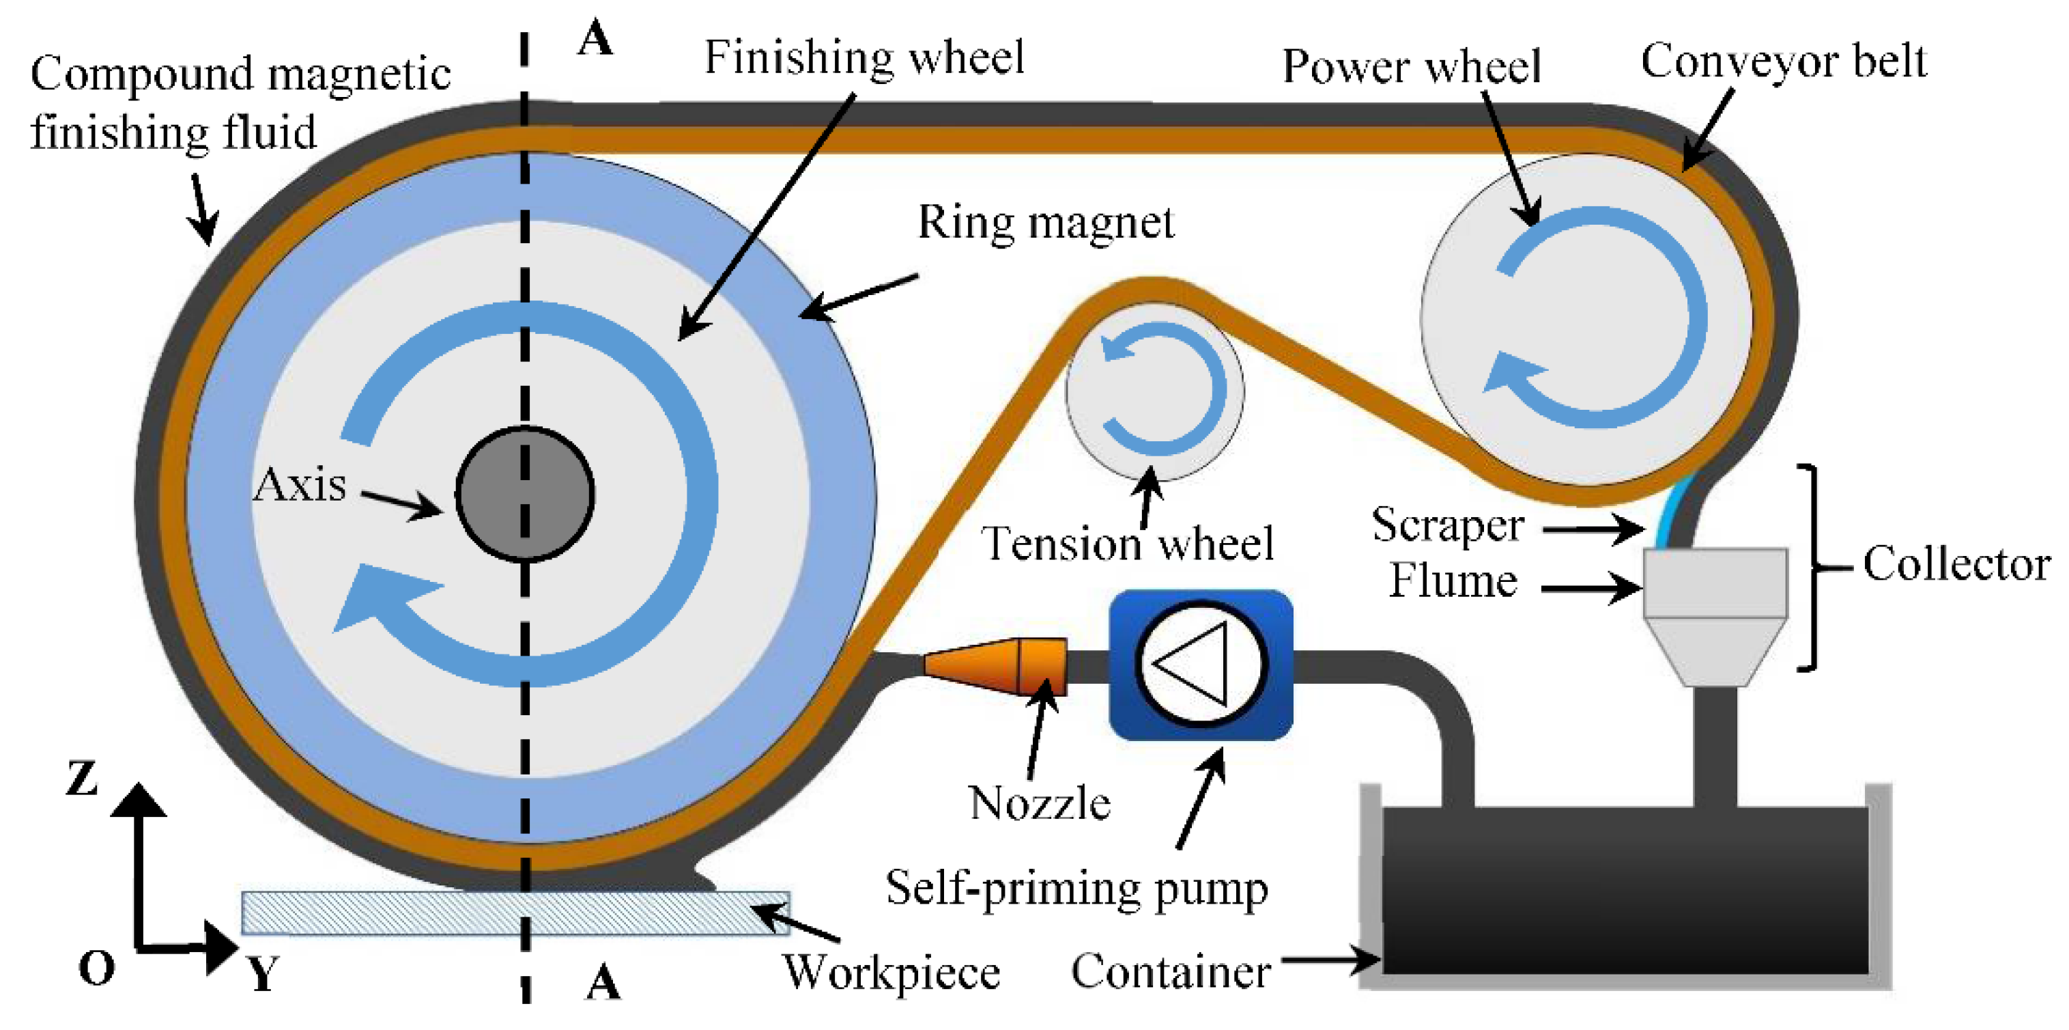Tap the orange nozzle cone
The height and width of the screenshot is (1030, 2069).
coord(996,666)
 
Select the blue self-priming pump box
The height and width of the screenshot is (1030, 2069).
coord(1201,665)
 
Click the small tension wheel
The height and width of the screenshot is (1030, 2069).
coord(1155,391)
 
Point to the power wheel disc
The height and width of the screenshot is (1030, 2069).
coord(1586,319)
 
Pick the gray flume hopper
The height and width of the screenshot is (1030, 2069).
coord(1715,617)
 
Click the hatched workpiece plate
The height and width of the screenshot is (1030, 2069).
coord(515,913)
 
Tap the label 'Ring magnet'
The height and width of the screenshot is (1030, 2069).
coord(1046,223)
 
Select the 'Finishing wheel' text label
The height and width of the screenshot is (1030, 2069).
coord(864,58)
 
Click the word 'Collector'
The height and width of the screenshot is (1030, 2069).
coord(1956,564)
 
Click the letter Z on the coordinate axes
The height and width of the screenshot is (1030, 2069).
coord(82,779)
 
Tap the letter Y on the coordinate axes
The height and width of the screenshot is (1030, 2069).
coord(263,974)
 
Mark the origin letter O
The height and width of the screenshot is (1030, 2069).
coord(96,967)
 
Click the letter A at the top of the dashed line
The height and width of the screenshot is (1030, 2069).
coord(595,38)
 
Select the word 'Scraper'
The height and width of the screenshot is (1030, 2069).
coord(1447,526)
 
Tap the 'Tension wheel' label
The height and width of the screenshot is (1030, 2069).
coord(1128,544)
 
